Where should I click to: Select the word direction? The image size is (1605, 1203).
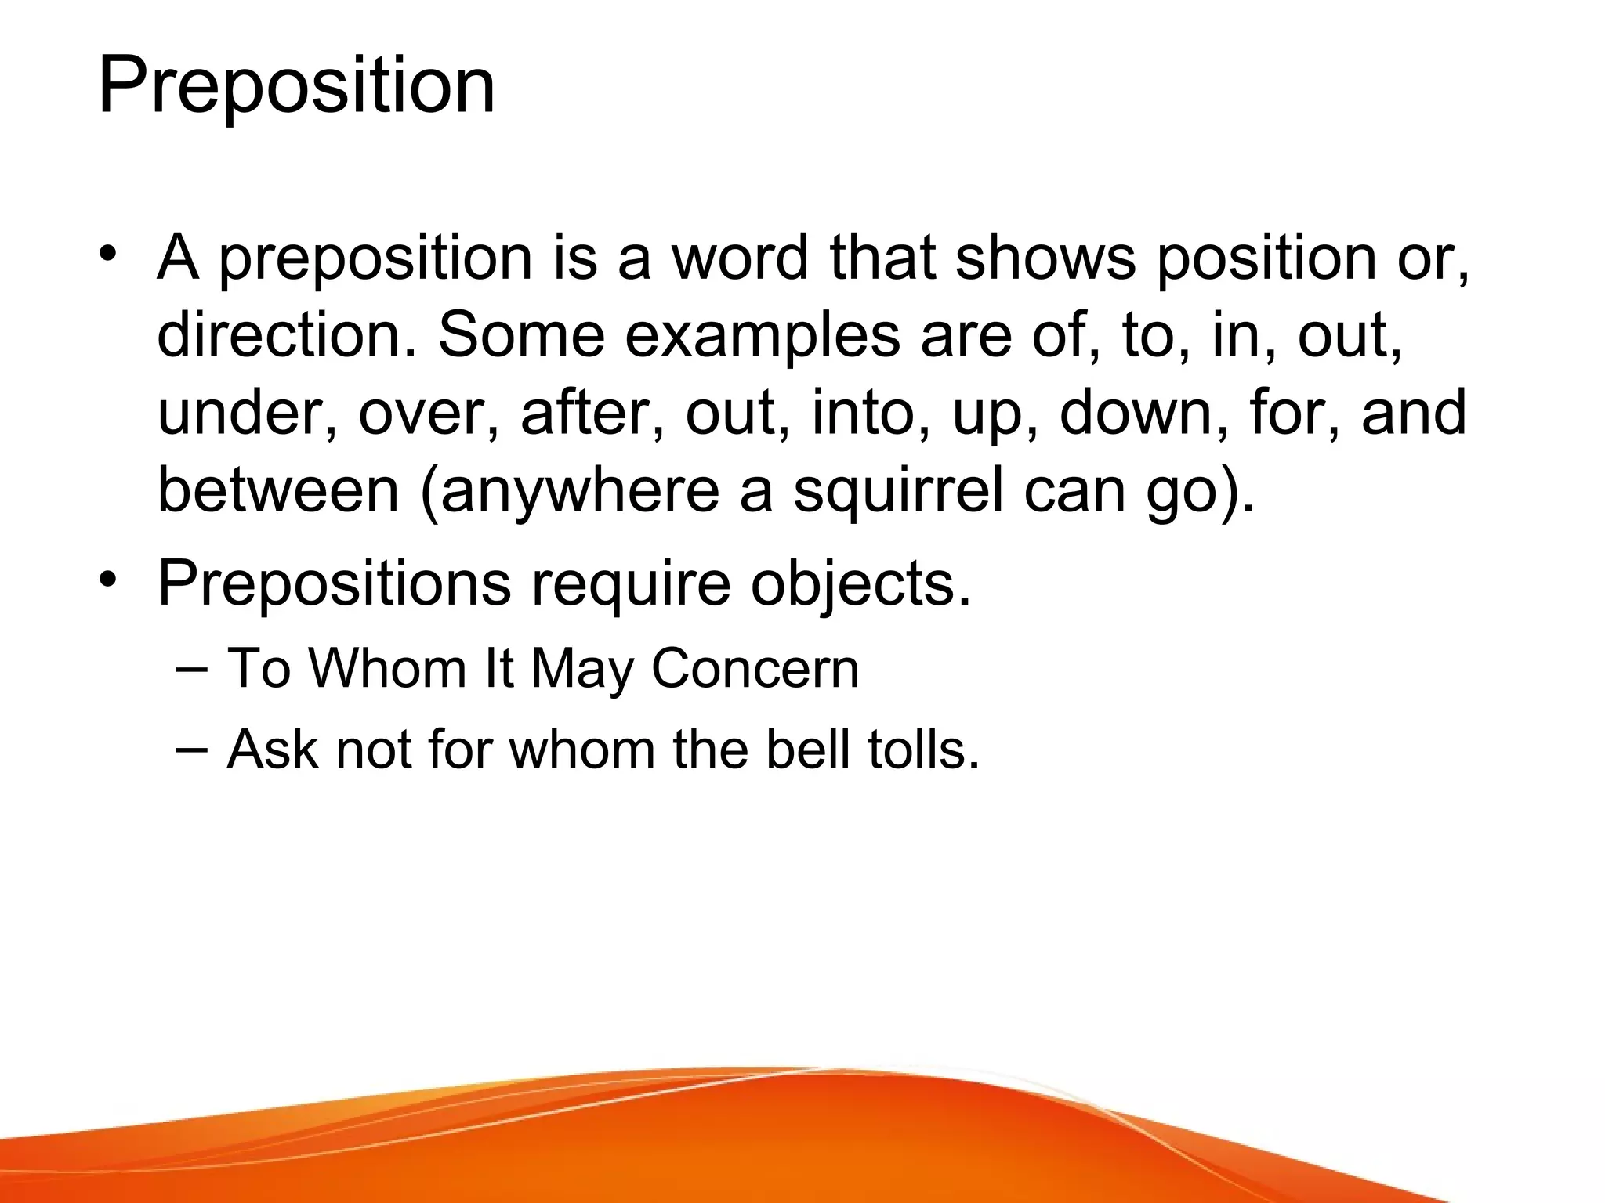coord(287,335)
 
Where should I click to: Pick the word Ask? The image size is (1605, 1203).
coord(273,750)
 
